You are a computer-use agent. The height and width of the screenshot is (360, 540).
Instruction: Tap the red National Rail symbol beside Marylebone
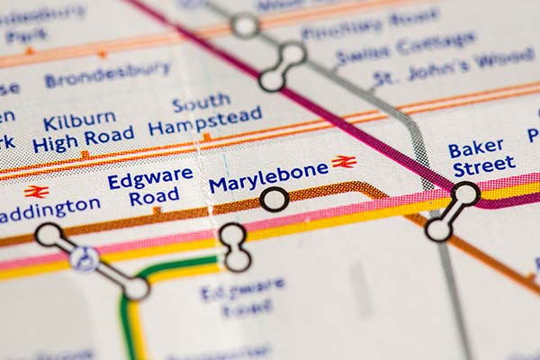tap(344, 162)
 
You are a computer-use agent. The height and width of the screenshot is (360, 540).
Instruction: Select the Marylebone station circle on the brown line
tap(274, 199)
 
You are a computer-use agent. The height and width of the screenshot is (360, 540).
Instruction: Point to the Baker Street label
tap(483, 158)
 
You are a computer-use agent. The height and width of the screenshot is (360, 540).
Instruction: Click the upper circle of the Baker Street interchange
tap(465, 193)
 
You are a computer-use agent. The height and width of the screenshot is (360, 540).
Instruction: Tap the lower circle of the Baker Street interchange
tap(438, 229)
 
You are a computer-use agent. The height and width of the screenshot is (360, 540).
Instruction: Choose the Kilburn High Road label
tap(82, 131)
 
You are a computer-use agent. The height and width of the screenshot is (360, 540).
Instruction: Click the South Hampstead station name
tap(205, 115)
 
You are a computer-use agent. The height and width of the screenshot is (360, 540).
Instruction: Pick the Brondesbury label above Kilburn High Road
tap(107, 74)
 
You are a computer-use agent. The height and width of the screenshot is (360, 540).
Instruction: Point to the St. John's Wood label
tap(454, 67)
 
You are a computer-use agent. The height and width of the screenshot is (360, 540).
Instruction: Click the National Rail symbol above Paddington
tap(36, 191)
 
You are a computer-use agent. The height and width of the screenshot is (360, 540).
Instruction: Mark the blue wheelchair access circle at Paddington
tap(85, 259)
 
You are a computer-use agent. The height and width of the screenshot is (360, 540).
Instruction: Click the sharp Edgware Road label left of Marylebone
tap(150, 187)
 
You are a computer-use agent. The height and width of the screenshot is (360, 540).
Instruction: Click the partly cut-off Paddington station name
tap(50, 210)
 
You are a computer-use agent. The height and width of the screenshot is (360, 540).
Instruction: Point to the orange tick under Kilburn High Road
tap(85, 155)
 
